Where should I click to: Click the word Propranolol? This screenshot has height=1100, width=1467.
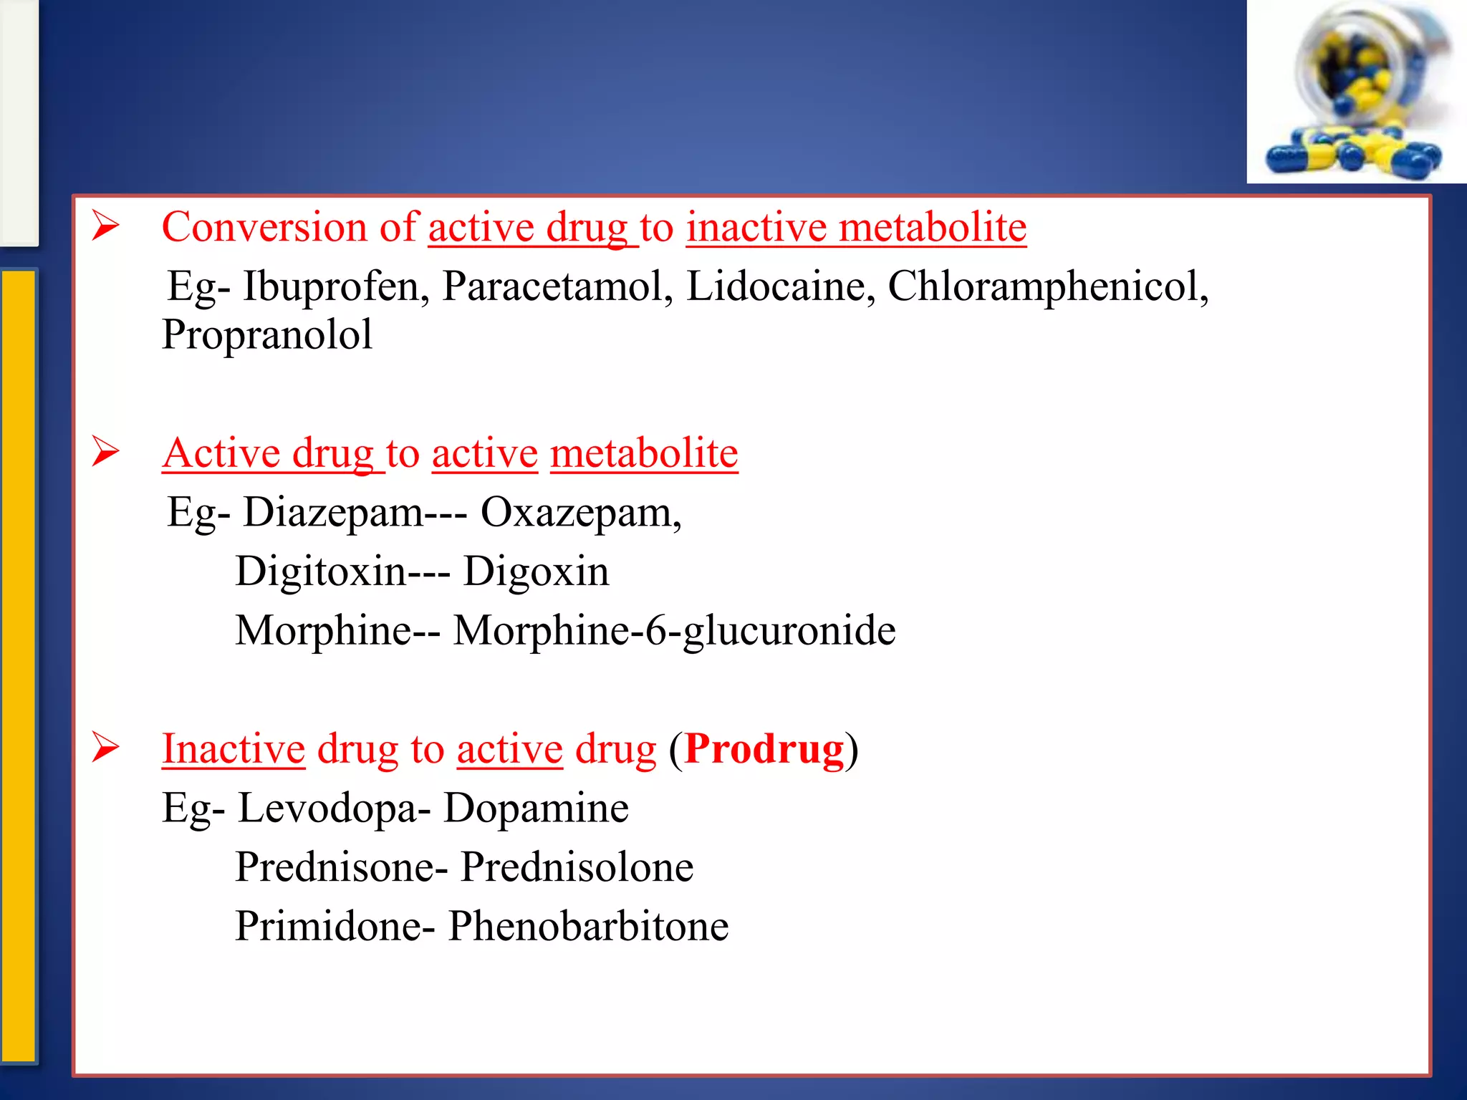pyautogui.click(x=267, y=335)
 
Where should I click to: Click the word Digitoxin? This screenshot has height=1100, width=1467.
pyautogui.click(x=321, y=572)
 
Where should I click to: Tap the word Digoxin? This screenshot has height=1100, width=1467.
pyautogui.click(x=536, y=572)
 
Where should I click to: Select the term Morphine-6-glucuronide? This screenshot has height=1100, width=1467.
pyautogui.click(x=674, y=631)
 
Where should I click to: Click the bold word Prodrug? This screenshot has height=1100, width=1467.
pyautogui.click(x=764, y=749)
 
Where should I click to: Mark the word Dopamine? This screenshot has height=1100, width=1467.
pyautogui.click(x=536, y=809)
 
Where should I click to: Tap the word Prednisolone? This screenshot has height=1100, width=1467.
pyautogui.click(x=577, y=867)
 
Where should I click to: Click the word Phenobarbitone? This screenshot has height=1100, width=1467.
pyautogui.click(x=588, y=926)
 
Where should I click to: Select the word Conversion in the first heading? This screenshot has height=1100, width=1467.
pyautogui.click(x=264, y=228)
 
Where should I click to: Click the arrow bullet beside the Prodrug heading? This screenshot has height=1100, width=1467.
pyautogui.click(x=105, y=748)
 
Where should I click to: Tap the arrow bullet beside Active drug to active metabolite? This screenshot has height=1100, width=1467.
pyautogui.click(x=105, y=452)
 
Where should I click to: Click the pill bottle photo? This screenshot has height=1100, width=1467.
pyautogui.click(x=1356, y=92)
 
